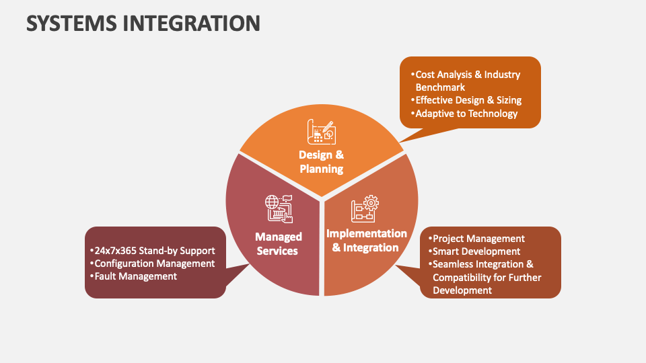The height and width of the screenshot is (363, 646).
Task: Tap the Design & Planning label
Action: click(321, 162)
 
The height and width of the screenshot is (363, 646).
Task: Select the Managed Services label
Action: click(278, 243)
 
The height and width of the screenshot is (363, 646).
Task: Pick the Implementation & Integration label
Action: click(366, 240)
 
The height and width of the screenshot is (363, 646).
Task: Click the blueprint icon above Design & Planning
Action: click(320, 131)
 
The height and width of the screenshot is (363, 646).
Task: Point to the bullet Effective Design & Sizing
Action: click(468, 100)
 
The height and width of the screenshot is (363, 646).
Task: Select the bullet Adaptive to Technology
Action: click(466, 114)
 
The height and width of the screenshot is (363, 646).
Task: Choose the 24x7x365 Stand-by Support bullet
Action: click(154, 251)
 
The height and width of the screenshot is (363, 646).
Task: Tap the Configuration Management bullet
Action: click(154, 264)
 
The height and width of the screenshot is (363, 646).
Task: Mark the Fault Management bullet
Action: click(135, 276)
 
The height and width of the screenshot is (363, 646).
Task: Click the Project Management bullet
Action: click(478, 239)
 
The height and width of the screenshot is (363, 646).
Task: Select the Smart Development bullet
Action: click(476, 251)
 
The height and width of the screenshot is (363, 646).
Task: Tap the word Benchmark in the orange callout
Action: click(440, 87)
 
